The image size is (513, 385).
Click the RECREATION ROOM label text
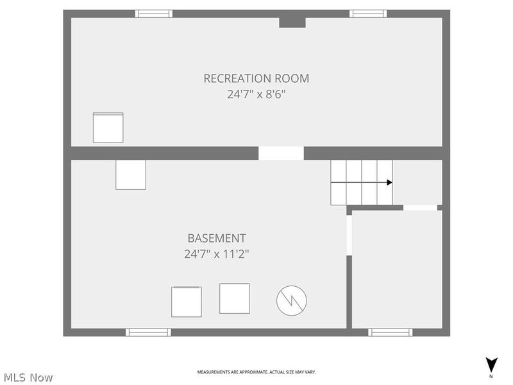pyautogui.click(x=256, y=78)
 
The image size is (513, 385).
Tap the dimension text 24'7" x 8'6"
pyautogui.click(x=256, y=94)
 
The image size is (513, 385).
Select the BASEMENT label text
pyautogui.click(x=217, y=238)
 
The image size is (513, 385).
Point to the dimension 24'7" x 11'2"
pyautogui.click(x=217, y=254)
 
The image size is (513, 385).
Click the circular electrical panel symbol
pyautogui.click(x=292, y=300)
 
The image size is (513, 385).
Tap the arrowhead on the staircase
pyautogui.click(x=389, y=182)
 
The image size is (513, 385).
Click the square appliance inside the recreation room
pyautogui.click(x=108, y=128)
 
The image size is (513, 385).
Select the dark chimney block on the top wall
pyautogui.click(x=292, y=22)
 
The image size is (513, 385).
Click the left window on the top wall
pyautogui.click(x=154, y=13)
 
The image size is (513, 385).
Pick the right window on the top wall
pyautogui.click(x=368, y=13)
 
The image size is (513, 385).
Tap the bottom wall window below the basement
pyautogui.click(x=148, y=332)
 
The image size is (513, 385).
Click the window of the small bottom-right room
pyautogui.click(x=391, y=332)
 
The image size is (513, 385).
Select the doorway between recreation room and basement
pyautogui.click(x=282, y=153)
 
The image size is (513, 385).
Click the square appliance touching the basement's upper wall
pyautogui.click(x=131, y=175)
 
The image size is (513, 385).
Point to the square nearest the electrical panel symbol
pyautogui.click(x=235, y=298)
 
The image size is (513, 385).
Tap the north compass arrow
pyautogui.click(x=491, y=365)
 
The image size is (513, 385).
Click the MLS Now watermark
pyautogui.click(x=28, y=377)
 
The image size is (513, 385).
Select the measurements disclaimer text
pyautogui.click(x=256, y=372)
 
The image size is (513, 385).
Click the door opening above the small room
pyautogui.click(x=420, y=207)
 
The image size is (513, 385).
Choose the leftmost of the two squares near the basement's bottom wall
pyautogui.click(x=187, y=302)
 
